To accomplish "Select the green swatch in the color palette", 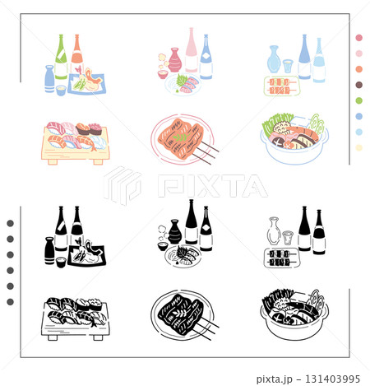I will (x=358, y=100).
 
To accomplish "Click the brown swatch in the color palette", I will (x=358, y=85).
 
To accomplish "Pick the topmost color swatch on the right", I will (x=358, y=38).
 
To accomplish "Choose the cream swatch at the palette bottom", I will (x=358, y=147).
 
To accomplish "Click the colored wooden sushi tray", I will (x=74, y=143).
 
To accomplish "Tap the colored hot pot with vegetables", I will (x=293, y=138).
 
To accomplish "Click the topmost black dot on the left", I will (x=10, y=223).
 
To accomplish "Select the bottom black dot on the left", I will (x=10, y=302).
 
